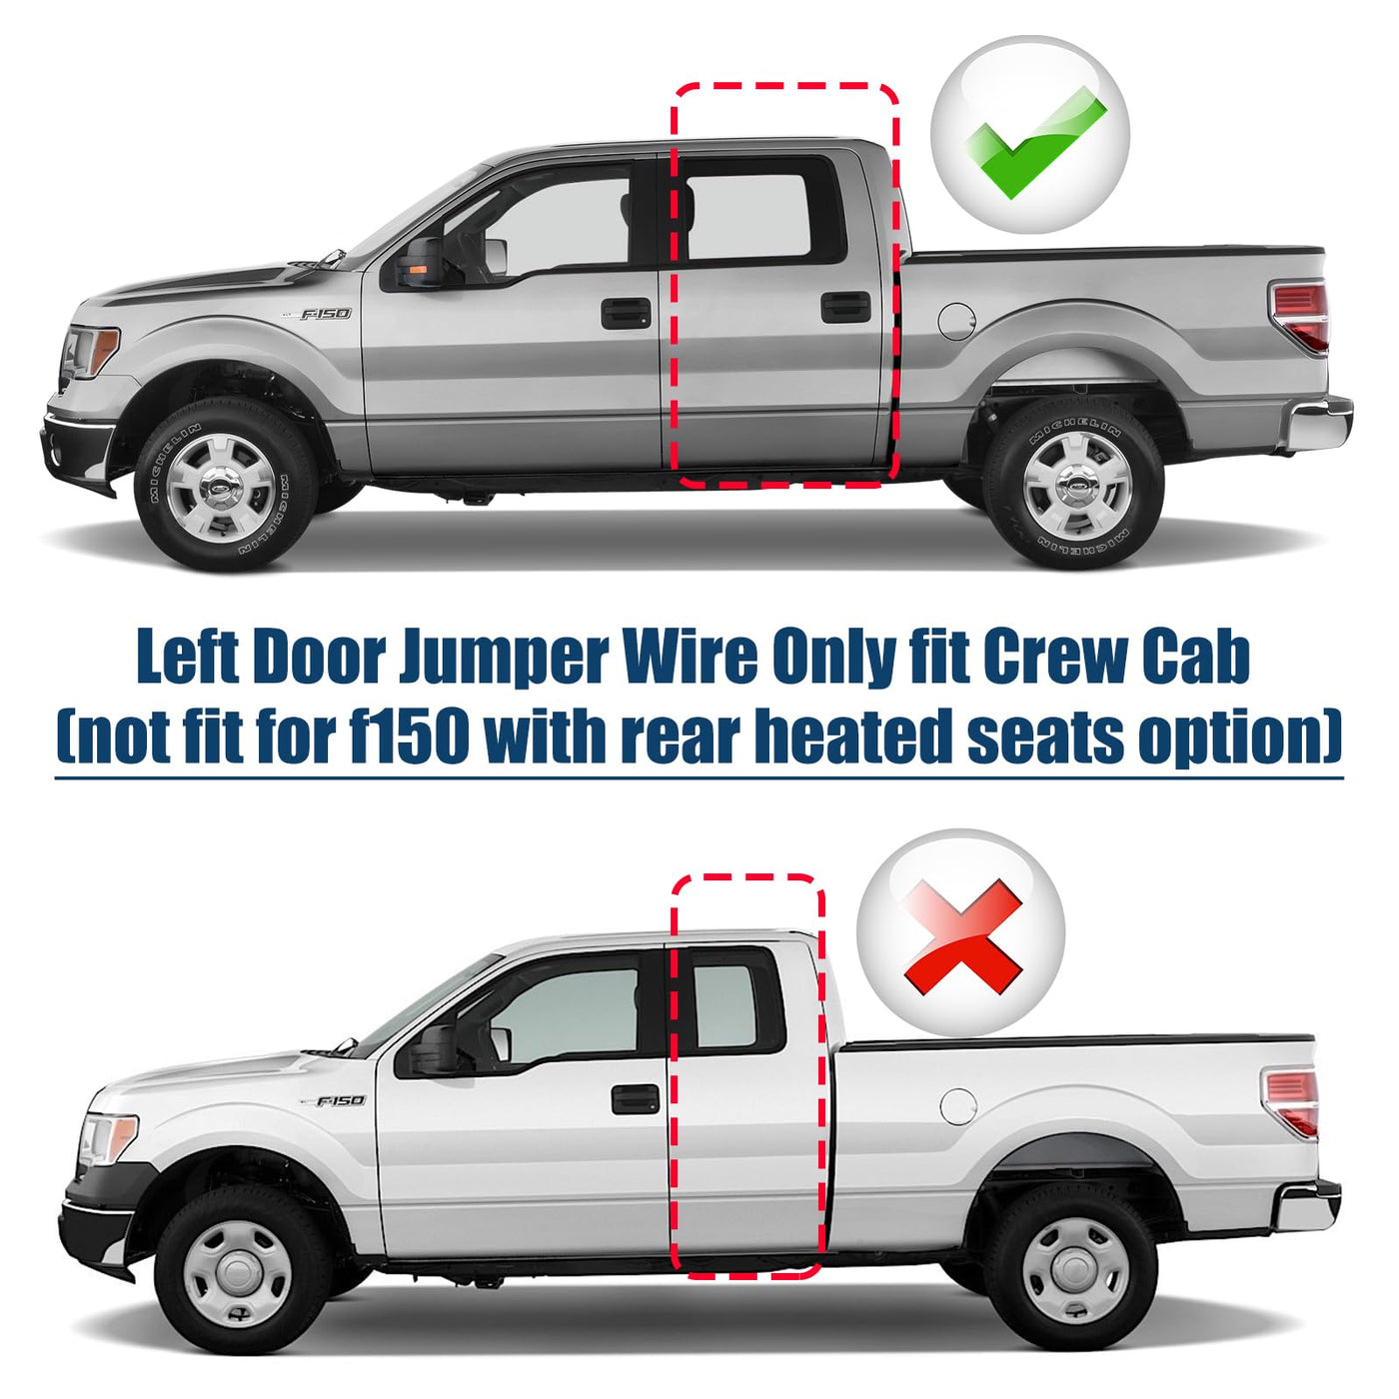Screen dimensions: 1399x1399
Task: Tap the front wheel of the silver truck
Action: (226, 484)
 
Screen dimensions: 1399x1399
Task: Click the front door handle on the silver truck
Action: (626, 313)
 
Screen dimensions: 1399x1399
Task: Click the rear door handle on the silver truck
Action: (845, 307)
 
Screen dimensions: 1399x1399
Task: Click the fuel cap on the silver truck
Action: (957, 322)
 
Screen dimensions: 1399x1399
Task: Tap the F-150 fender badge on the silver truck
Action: (325, 314)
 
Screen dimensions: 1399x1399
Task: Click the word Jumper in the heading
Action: (503, 659)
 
